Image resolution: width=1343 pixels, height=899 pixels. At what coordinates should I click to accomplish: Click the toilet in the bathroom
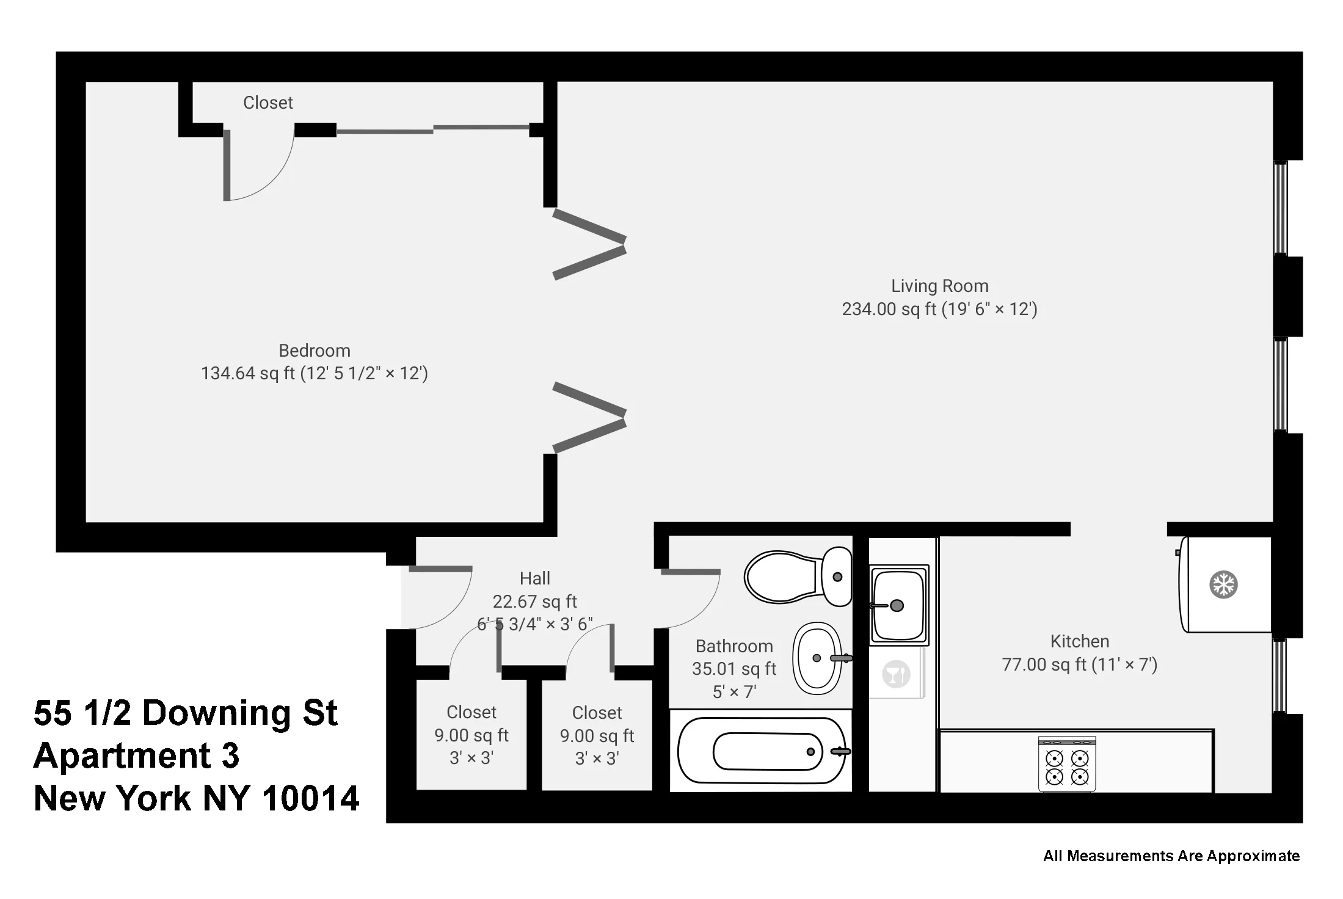tap(797, 577)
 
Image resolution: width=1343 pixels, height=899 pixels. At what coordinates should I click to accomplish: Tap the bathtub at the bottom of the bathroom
tap(763, 751)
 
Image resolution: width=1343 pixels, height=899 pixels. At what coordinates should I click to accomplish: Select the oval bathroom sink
tap(817, 658)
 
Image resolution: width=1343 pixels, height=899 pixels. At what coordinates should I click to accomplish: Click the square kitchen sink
tap(899, 605)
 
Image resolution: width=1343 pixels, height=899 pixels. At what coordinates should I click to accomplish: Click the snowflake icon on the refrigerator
tap(1223, 584)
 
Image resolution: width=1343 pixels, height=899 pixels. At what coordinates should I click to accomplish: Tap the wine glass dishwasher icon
tap(896, 675)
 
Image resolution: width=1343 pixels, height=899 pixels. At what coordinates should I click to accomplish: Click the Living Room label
tap(939, 286)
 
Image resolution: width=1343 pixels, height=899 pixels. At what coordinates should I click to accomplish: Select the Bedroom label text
tap(315, 351)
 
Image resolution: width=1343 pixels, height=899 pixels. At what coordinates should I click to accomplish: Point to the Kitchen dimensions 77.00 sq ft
tap(1079, 664)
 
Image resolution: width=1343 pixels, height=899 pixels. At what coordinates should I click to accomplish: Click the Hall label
tap(534, 578)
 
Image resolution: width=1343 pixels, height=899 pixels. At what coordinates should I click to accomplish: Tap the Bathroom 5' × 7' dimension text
tap(734, 692)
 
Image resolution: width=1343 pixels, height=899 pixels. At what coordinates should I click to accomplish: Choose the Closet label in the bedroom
tap(268, 103)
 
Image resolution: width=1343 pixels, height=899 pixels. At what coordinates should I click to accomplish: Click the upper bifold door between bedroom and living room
tap(589, 244)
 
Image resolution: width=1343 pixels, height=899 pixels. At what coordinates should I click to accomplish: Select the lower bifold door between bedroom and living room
tap(589, 417)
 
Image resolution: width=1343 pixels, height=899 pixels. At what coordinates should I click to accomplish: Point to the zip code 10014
tap(311, 798)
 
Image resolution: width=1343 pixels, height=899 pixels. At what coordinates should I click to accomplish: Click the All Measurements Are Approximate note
tap(1171, 856)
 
